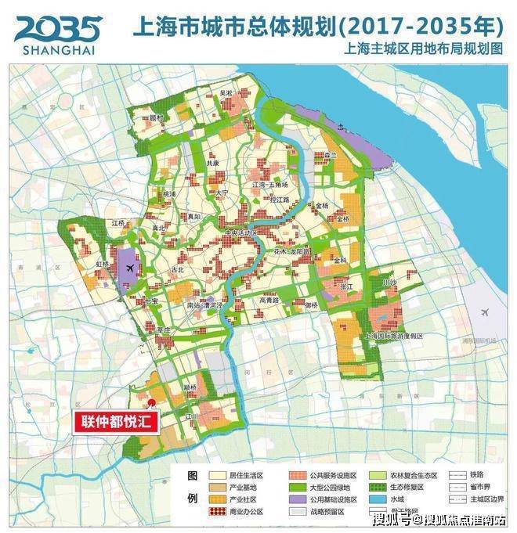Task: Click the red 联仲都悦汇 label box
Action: click(x=117, y=421)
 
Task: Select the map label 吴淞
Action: click(x=226, y=93)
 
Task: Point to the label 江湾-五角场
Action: click(x=270, y=185)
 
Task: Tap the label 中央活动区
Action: click(x=241, y=233)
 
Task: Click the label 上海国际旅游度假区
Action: click(x=394, y=336)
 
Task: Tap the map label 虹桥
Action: click(x=103, y=265)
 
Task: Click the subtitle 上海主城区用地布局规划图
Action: click(x=419, y=49)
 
